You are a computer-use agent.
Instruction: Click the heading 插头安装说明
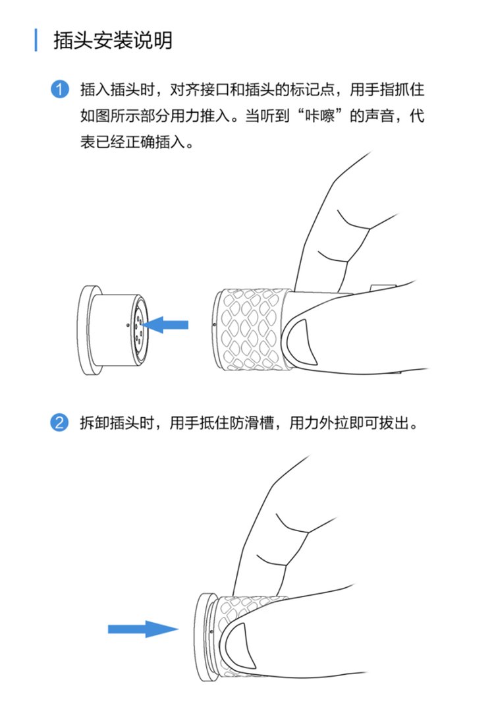pyautogui.click(x=113, y=40)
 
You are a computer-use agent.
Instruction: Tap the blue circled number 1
pyautogui.click(x=59, y=89)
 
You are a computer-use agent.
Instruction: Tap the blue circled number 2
pyautogui.click(x=59, y=422)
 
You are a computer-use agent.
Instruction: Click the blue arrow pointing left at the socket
pyautogui.click(x=165, y=325)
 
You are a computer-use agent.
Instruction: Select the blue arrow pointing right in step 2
pyautogui.click(x=143, y=629)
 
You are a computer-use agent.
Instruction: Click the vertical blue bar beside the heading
pyautogui.click(x=36, y=40)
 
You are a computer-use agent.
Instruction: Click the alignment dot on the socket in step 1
pyautogui.click(x=128, y=326)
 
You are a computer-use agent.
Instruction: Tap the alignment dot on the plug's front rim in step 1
pyautogui.click(x=215, y=325)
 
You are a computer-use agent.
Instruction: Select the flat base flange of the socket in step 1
pyautogui.click(x=88, y=330)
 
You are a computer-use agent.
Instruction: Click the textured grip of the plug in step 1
pyautogui.click(x=254, y=330)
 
